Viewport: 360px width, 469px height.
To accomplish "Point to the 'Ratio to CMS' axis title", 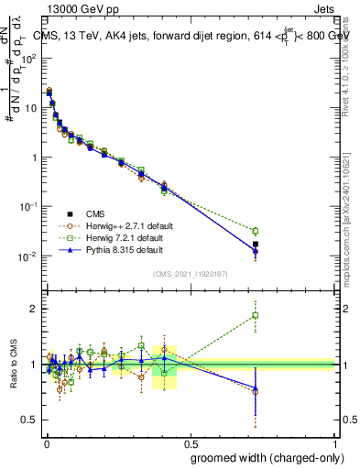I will coord(13,365).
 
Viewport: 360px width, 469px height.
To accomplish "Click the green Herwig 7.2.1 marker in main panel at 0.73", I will coord(256,231).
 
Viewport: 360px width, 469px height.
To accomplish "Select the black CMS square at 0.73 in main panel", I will coord(256,245).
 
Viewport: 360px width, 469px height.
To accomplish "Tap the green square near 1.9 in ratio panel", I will coord(256,316).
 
